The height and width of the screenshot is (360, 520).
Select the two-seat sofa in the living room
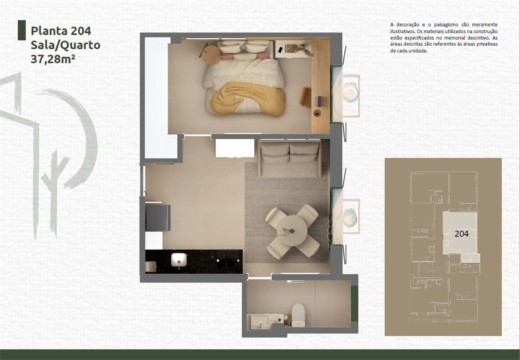coord(289,159)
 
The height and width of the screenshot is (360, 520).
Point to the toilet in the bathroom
coord(298,313)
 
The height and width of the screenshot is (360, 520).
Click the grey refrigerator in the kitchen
coord(158,217)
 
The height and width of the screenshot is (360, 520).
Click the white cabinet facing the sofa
coord(234,148)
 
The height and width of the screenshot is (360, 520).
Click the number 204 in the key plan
coord(461,233)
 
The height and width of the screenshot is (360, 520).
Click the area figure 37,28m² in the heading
coord(53,59)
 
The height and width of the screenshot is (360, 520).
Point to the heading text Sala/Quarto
coord(65,45)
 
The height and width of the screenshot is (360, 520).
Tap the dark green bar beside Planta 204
coord(21,30)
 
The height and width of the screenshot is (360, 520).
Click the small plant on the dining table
coord(287,231)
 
